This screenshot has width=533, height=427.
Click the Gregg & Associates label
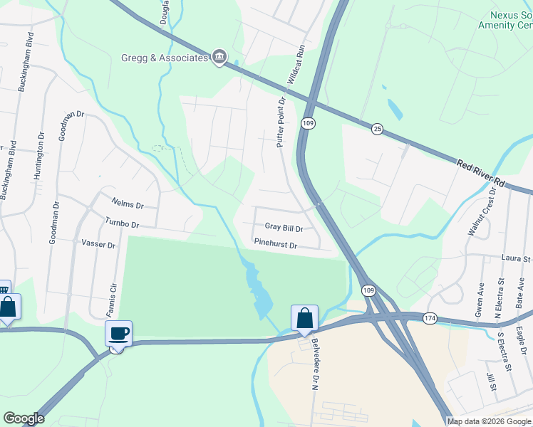(x=165, y=58)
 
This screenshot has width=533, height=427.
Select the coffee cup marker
(x=118, y=333)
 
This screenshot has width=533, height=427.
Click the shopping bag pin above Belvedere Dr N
(x=304, y=317)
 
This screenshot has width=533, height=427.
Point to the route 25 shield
(x=378, y=128)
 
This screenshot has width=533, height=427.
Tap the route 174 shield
(x=430, y=317)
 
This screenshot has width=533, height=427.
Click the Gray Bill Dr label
(x=284, y=228)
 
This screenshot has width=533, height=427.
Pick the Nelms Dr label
(x=128, y=205)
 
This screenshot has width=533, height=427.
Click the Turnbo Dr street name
(x=121, y=223)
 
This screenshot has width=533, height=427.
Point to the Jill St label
(x=492, y=379)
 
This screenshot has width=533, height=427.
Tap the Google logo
(x=24, y=418)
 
